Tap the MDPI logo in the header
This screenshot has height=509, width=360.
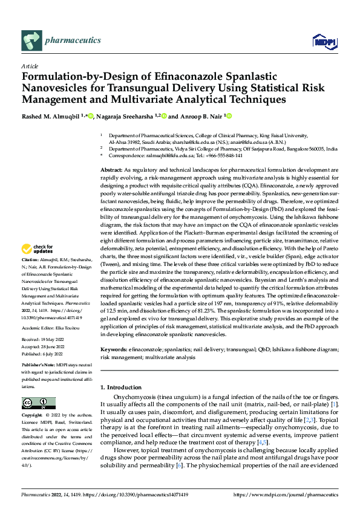pyautogui.click(x=323, y=41)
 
